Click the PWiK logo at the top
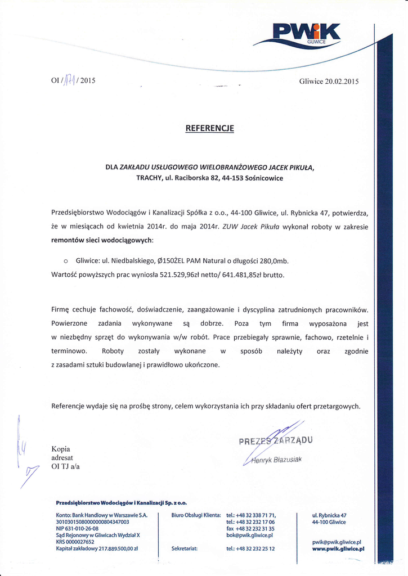[306, 34]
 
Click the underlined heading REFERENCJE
[209, 128]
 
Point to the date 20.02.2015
[337, 81]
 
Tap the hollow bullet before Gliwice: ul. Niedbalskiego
[66, 262]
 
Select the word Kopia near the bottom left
[61, 449]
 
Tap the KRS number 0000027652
[83, 541]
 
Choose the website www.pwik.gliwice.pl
[338, 548]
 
